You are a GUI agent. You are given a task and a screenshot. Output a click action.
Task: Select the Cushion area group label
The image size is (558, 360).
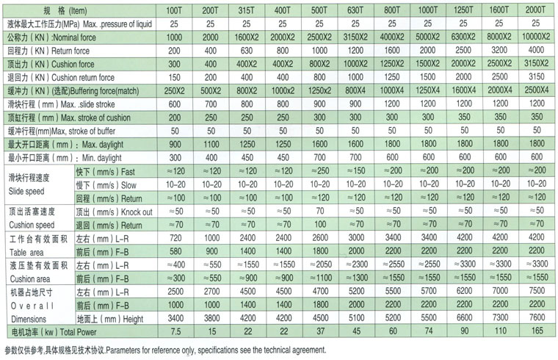tap(29, 273)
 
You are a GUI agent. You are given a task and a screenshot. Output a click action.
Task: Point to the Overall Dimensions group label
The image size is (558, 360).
tap(29, 312)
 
